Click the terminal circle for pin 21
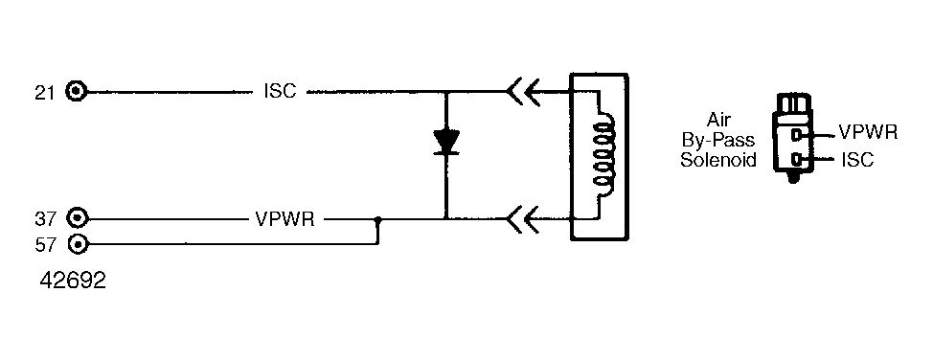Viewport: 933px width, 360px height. click(x=77, y=92)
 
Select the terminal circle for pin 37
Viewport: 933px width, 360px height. click(x=77, y=219)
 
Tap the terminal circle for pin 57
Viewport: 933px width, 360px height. click(x=78, y=244)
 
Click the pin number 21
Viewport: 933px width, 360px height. click(x=45, y=93)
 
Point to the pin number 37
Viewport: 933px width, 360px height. click(x=45, y=219)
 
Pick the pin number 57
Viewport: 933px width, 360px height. click(x=45, y=244)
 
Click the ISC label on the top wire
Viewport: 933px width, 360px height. click(x=280, y=92)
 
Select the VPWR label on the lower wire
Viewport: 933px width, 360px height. click(x=284, y=219)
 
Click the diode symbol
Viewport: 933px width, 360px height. click(x=445, y=143)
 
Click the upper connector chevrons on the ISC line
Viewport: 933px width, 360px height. click(x=524, y=92)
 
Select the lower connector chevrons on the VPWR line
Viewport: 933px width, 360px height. click(x=524, y=219)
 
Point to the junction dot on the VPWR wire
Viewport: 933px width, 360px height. click(x=377, y=219)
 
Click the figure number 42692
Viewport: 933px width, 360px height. click(x=73, y=281)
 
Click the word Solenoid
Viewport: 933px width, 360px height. click(x=718, y=160)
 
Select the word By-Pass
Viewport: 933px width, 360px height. click(x=718, y=141)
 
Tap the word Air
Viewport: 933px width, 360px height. click(x=718, y=120)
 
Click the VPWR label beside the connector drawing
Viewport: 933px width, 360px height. click(x=868, y=131)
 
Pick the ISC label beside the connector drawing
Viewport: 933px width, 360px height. click(x=857, y=159)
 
